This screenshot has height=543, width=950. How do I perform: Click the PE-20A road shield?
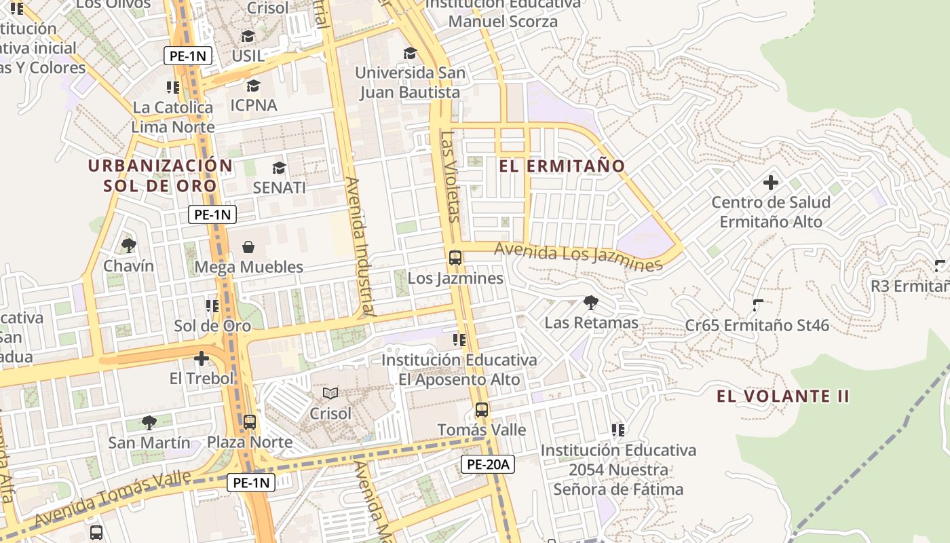488,464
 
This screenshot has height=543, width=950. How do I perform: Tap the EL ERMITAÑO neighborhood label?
562,166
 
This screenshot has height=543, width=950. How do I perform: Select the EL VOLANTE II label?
783,396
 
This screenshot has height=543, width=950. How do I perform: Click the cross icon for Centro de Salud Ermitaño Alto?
770,182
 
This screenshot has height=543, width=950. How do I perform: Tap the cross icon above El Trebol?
202,358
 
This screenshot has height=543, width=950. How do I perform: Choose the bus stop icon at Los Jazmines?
455,258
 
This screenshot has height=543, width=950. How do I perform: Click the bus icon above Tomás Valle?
481,409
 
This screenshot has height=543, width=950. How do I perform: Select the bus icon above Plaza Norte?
250,422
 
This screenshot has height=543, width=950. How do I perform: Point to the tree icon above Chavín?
128,245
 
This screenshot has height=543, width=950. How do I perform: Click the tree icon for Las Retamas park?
591,302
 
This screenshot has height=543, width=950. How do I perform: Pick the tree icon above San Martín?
149,423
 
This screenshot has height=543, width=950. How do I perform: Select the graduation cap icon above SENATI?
279,168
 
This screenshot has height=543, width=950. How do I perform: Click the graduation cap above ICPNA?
253,86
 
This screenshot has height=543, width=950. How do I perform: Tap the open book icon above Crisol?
330,393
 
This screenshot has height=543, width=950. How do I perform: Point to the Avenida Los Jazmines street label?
578,257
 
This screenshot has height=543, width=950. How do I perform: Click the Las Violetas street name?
449,176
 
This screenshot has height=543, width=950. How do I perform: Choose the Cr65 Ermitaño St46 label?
757,325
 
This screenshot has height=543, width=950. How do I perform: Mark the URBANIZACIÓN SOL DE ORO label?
160,175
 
